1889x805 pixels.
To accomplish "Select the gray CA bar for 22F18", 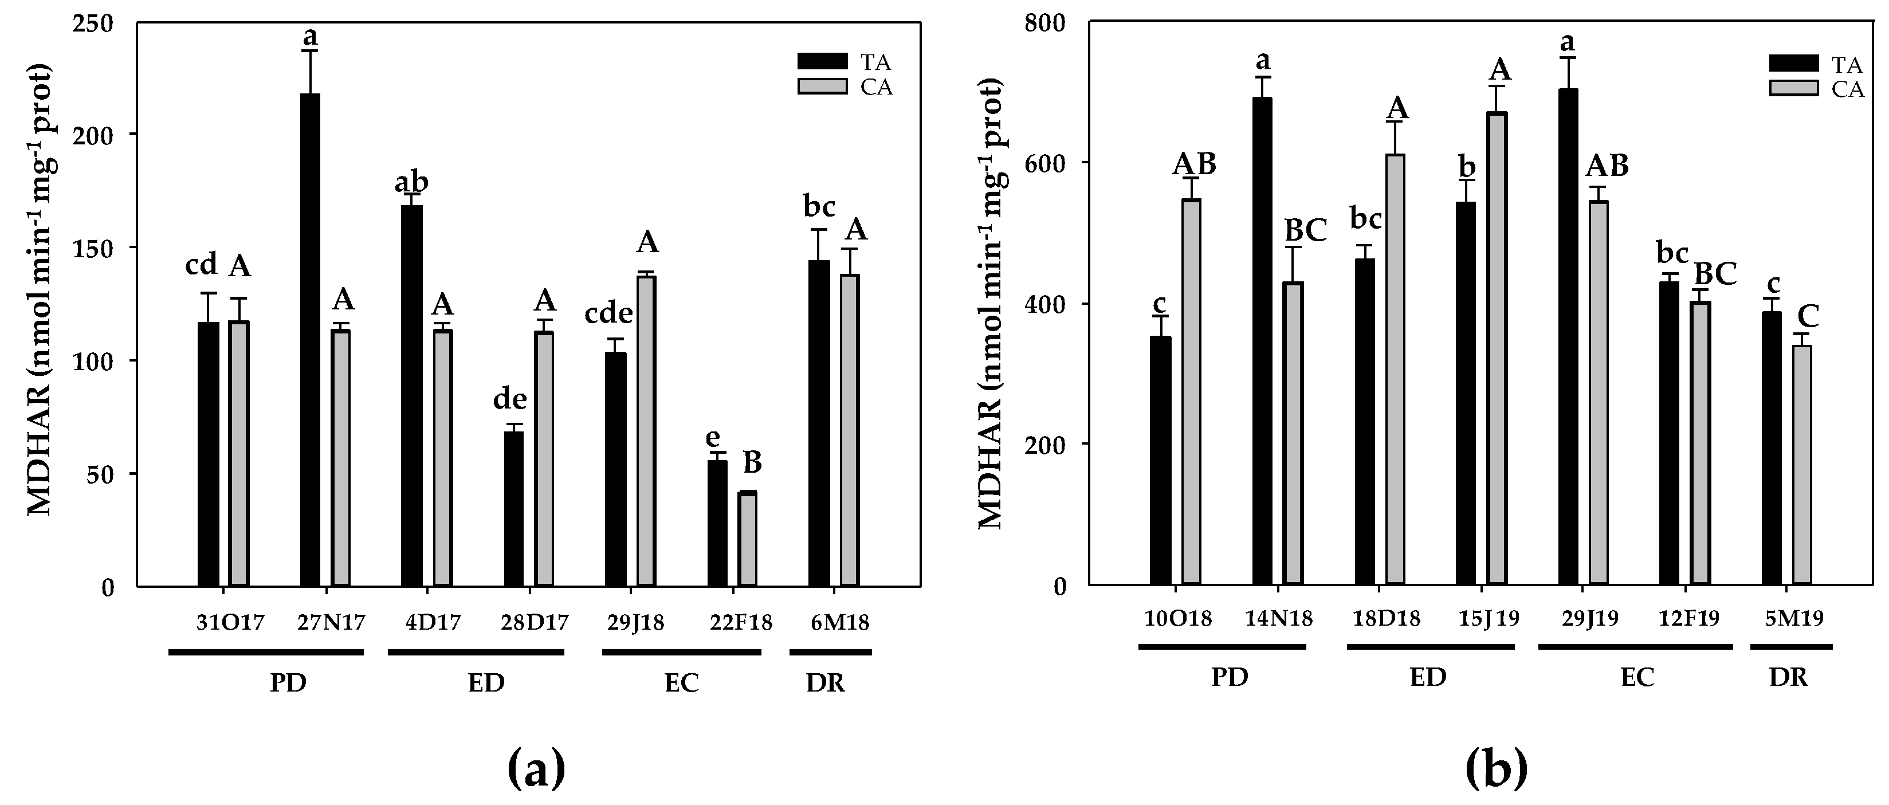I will pyautogui.click(x=747, y=539).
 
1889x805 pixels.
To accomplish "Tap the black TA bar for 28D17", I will pyautogui.click(x=514, y=509).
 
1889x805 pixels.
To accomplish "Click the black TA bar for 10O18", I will pyautogui.click(x=1160, y=461).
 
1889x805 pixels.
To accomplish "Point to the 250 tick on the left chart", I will pyautogui.click(x=95, y=24).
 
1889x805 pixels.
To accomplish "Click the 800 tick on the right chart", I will pyautogui.click(x=1053, y=24).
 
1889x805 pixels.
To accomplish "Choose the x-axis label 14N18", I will pyautogui.click(x=1279, y=619).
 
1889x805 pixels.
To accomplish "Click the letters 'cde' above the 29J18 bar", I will pyautogui.click(x=608, y=314).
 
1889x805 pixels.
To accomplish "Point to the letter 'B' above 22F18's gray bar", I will pyautogui.click(x=752, y=464).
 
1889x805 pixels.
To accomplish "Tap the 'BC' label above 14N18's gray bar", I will pyautogui.click(x=1306, y=231).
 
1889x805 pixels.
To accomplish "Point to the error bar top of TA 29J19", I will pyautogui.click(x=1568, y=58).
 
